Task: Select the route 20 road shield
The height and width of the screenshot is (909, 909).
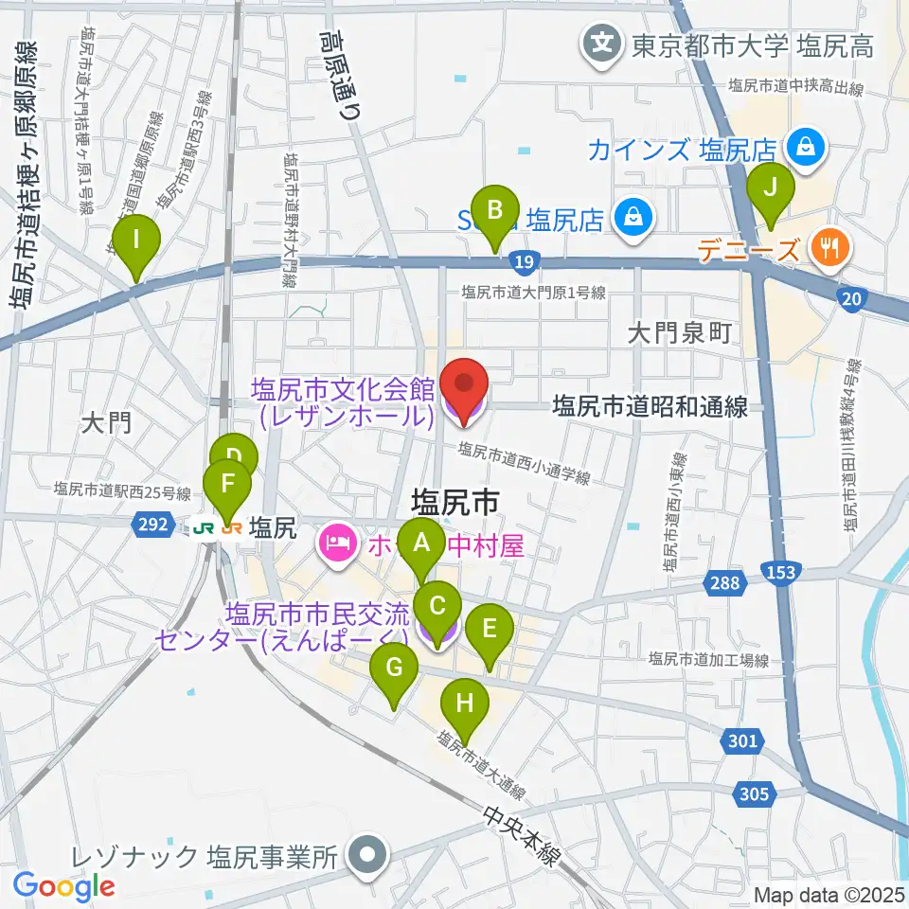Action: [852, 299]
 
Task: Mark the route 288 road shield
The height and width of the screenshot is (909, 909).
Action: [724, 583]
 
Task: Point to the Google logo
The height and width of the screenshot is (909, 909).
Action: [64, 886]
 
